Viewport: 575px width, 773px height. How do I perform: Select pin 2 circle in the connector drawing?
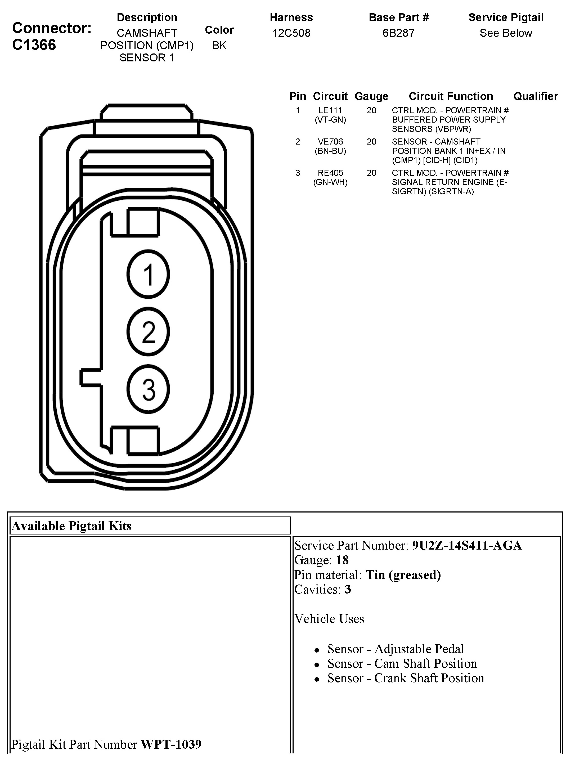[148, 332]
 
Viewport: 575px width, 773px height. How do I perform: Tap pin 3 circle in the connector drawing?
[148, 389]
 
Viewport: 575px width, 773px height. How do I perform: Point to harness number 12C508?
[291, 33]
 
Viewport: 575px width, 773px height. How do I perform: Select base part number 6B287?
[398, 33]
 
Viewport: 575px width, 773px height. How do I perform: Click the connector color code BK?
[219, 45]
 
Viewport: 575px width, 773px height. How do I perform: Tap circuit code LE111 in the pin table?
[330, 110]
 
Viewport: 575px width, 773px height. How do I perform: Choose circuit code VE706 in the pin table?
[330, 142]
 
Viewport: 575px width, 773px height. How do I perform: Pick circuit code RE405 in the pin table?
[330, 173]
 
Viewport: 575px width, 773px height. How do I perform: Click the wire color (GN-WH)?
[330, 182]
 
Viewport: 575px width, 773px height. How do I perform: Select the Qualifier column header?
[535, 96]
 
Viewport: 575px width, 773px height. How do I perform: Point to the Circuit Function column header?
[451, 96]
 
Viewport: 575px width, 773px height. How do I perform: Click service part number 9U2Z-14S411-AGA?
[467, 545]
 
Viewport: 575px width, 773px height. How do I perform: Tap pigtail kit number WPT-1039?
[171, 744]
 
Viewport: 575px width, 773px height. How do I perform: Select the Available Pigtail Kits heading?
[72, 526]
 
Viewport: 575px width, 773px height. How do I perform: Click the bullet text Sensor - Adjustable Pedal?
[396, 649]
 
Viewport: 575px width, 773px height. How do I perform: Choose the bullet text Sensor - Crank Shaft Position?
[406, 678]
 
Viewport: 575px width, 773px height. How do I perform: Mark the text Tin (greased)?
[403, 575]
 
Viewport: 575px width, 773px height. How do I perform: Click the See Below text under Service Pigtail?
[506, 33]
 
